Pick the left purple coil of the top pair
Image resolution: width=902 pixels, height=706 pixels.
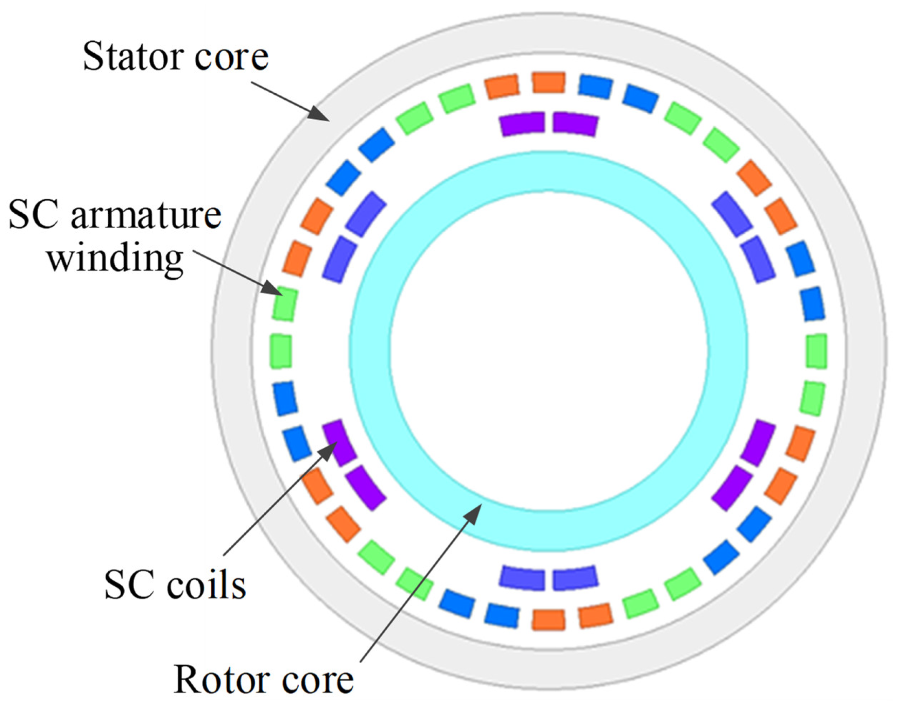click(522, 124)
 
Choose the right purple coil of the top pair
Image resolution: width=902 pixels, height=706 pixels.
click(575, 124)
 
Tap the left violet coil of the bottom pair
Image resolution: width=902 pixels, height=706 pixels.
click(522, 577)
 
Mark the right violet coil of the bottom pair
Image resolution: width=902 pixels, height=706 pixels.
click(575, 577)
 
